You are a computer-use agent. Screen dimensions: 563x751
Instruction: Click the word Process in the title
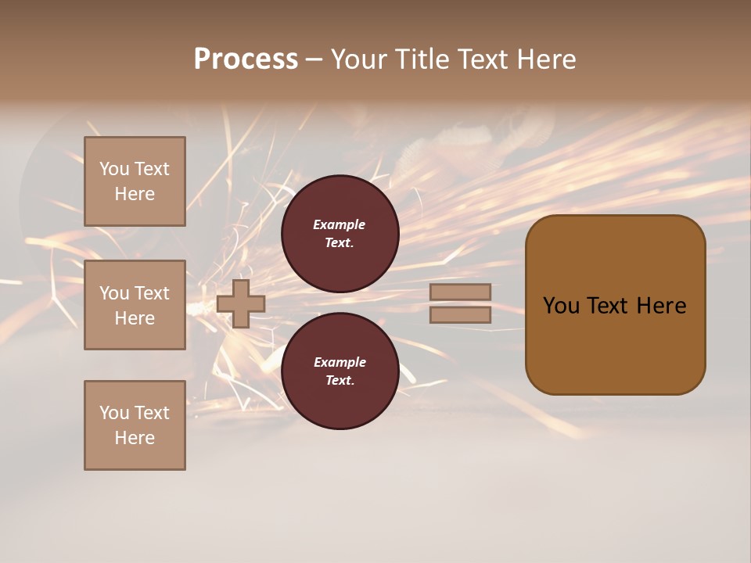tap(246, 59)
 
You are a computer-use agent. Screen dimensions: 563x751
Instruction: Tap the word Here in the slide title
tap(545, 59)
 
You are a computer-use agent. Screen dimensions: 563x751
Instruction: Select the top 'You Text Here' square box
tap(135, 181)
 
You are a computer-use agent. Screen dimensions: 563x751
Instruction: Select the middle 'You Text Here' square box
tap(135, 305)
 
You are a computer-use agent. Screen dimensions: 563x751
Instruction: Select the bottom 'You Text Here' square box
tap(135, 425)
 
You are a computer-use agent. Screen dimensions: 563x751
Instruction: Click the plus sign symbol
tap(241, 303)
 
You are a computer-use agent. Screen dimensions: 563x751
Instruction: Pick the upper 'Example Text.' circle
tap(340, 234)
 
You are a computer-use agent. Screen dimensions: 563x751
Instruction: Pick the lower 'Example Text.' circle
tap(340, 371)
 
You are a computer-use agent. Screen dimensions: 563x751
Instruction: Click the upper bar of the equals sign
tap(460, 292)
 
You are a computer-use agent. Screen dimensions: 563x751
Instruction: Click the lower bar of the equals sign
tap(460, 314)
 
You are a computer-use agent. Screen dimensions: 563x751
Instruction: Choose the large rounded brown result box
tap(615, 304)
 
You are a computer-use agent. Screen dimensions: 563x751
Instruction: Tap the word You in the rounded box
tap(560, 306)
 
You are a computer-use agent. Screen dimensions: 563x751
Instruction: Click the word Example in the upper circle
tap(340, 225)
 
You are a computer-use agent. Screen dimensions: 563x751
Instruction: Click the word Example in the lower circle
tap(340, 363)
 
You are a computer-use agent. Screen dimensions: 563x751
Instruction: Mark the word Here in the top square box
tap(135, 194)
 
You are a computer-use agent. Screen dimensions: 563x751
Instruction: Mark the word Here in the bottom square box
tap(135, 438)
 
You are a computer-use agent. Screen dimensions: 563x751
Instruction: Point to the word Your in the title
tap(359, 59)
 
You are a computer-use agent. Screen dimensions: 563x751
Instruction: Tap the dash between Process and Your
tap(314, 60)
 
